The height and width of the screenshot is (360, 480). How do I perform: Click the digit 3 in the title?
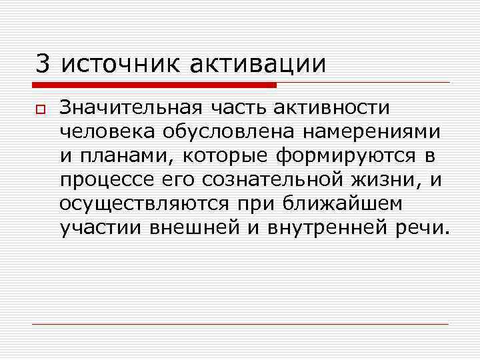pos(43,64)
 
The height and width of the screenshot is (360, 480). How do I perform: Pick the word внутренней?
pos(323,227)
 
